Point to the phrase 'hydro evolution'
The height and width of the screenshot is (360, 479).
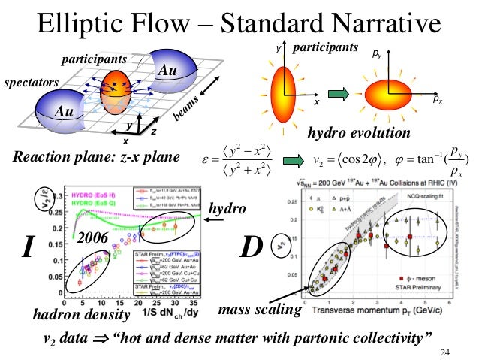click(360, 134)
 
